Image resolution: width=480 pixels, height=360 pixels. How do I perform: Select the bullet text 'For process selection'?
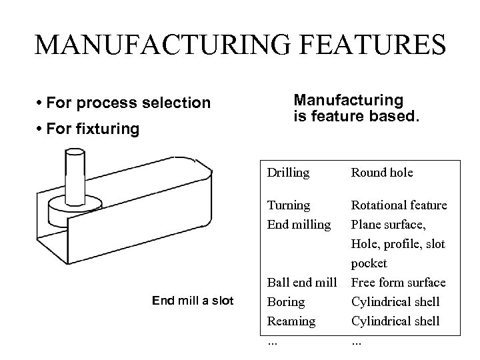(126, 103)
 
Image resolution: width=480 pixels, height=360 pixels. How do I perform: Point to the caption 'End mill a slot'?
(193, 301)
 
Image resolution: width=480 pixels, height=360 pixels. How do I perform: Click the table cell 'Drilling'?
(288, 173)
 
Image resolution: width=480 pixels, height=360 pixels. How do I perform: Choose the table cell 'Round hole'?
(382, 173)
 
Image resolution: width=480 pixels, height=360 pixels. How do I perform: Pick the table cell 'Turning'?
(288, 205)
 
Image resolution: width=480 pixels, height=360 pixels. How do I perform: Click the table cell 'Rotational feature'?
(399, 205)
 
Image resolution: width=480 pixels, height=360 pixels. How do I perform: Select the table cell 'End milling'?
(299, 225)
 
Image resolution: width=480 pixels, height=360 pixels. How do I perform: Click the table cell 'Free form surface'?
(398, 283)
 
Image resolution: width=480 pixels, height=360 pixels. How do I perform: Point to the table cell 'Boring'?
(285, 302)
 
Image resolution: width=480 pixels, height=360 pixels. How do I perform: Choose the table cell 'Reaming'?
(291, 321)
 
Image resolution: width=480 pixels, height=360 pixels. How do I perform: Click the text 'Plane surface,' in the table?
(387, 225)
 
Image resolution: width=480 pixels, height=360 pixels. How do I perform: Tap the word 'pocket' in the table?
(369, 263)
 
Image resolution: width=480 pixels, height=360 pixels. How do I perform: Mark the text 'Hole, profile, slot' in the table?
(398, 244)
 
